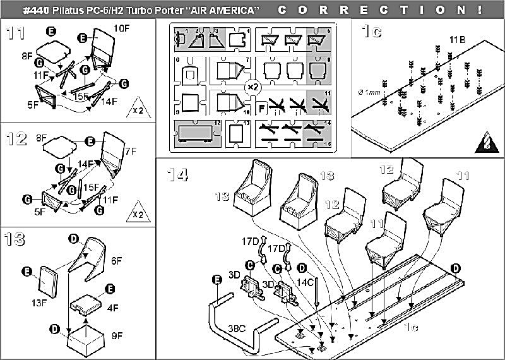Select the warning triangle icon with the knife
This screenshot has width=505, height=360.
tap(487, 141)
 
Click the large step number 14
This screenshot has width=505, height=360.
tap(179, 174)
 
